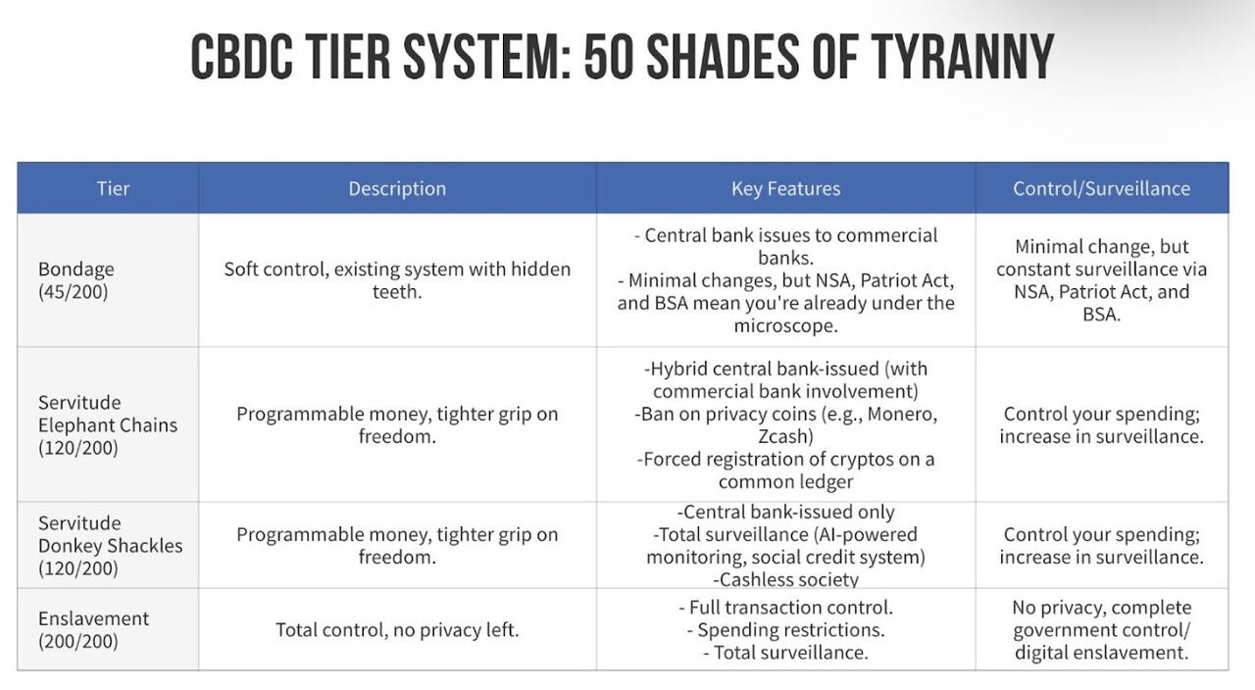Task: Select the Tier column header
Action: tap(113, 189)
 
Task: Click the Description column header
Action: tap(397, 189)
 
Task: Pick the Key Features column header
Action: tap(785, 189)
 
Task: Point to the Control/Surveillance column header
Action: tap(1101, 189)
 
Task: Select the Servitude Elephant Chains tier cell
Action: tap(108, 425)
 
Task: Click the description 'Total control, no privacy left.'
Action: tap(397, 630)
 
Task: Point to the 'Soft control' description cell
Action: tap(397, 280)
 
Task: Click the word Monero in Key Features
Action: tap(901, 414)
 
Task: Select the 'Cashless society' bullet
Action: tap(785, 579)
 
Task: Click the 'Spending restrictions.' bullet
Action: tap(785, 630)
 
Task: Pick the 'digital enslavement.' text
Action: tap(1101, 653)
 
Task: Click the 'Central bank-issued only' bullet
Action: tap(785, 512)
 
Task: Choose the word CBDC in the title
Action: tap(241, 56)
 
